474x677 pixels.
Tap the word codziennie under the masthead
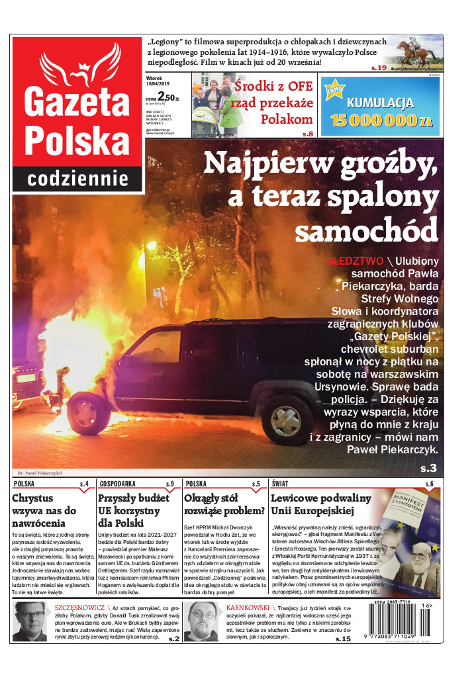[x=77, y=178]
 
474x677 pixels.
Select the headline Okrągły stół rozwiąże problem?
[x=224, y=504]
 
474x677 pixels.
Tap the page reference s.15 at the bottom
[x=342, y=639]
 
